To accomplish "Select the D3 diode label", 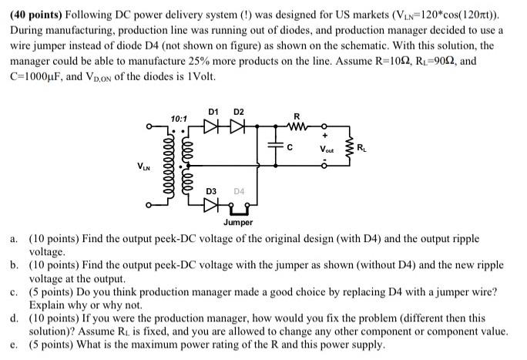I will pyautogui.click(x=212, y=190).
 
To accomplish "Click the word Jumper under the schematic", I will pyautogui.click(x=238, y=222).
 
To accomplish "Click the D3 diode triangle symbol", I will pyautogui.click(x=213, y=205).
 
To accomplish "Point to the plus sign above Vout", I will pyautogui.click(x=327, y=136).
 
